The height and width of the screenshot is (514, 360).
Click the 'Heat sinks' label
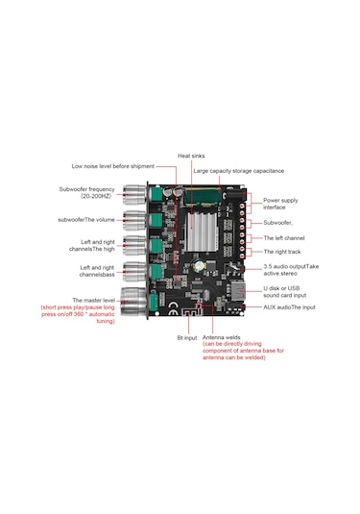point(191,156)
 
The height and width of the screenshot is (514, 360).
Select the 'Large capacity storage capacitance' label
point(238,171)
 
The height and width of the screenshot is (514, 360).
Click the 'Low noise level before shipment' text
point(112,166)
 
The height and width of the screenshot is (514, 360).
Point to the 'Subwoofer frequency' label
point(86,189)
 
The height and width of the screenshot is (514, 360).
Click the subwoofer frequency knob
point(134,194)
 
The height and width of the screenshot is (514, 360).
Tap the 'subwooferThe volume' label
point(86,220)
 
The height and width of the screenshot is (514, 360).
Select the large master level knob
point(133,301)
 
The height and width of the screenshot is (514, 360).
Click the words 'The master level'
point(94,301)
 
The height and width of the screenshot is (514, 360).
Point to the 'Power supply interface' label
point(280,204)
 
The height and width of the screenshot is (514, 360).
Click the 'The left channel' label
point(284,238)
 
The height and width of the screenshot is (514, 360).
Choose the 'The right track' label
point(282,252)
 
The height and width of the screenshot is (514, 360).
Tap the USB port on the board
point(238,290)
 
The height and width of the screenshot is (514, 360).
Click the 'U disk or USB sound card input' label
point(285,292)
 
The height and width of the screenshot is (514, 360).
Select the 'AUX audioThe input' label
point(289,307)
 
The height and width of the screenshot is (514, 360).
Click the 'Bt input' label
point(187,338)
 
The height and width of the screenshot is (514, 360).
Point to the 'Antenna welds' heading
point(221,337)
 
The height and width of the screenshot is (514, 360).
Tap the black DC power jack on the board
point(234,196)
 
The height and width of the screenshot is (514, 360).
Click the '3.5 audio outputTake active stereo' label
point(291,270)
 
